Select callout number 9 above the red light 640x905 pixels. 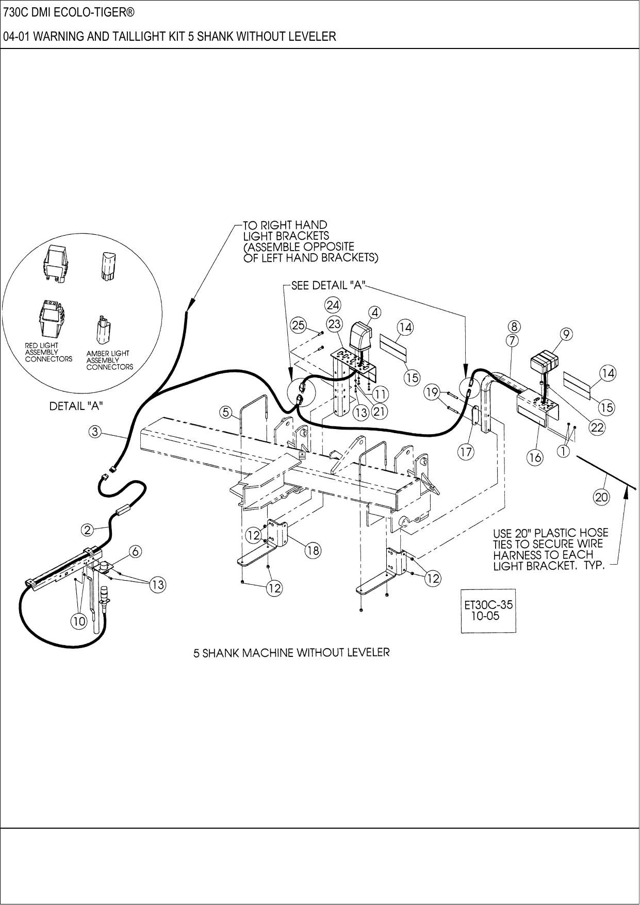566,334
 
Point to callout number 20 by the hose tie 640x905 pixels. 601,497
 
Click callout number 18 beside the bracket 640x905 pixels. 313,550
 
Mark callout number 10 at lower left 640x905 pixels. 78,621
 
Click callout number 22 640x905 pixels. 597,427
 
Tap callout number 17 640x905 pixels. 466,452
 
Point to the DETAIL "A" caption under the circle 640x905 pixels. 75,406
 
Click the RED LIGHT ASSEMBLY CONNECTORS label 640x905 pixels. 48,352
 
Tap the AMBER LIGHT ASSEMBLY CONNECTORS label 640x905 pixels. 109,360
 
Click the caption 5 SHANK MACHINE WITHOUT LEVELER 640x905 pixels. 291,652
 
